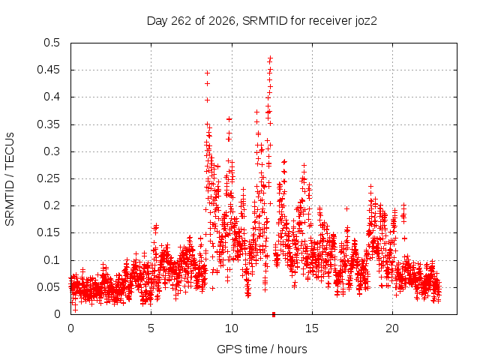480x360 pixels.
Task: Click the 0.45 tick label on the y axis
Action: tap(48, 70)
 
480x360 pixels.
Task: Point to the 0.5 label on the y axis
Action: tap(52, 43)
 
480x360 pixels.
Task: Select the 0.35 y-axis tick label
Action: tap(48, 124)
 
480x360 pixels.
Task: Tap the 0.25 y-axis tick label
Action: tap(48, 178)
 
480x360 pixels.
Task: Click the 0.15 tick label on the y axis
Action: tap(48, 232)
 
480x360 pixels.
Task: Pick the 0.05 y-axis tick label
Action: tap(48, 287)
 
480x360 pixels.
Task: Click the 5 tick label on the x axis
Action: tap(151, 328)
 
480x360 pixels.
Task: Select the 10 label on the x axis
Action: tap(232, 328)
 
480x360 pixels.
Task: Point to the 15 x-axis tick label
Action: tap(312, 328)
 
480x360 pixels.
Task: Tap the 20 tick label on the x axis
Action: tap(392, 328)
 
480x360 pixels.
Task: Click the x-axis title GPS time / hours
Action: tap(262, 349)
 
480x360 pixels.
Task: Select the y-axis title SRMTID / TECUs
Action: tap(10, 179)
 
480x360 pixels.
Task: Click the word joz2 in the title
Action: tap(366, 21)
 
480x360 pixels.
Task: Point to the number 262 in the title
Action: tap(181, 21)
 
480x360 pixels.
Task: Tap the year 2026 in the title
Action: tap(222, 21)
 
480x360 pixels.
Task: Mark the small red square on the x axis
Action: tap(274, 314)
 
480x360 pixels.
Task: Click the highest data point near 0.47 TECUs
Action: tap(270, 58)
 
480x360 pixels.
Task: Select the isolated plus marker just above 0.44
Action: tap(207, 73)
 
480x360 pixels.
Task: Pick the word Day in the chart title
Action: tap(157, 21)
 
